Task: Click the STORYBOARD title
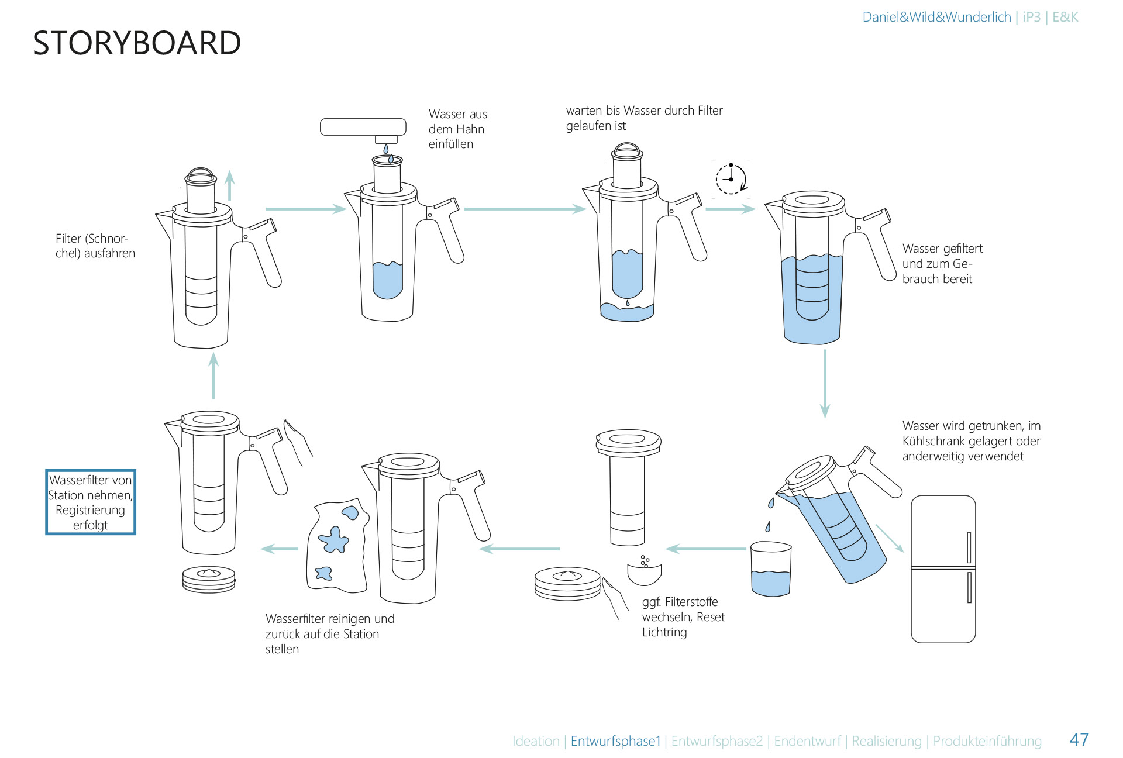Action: pos(137,43)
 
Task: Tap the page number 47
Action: pos(1079,739)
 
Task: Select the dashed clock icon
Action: pos(731,179)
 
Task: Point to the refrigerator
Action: pos(943,569)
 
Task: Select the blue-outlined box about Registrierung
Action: pos(91,502)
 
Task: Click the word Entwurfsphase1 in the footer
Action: pos(615,741)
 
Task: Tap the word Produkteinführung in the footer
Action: pos(987,741)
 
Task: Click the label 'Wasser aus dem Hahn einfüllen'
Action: pos(457,129)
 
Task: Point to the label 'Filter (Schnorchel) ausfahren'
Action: pos(95,246)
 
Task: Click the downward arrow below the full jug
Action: pos(825,383)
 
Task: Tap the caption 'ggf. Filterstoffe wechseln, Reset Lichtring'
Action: pos(683,617)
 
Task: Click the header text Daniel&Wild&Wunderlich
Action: pos(936,17)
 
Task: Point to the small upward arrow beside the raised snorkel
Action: pos(230,185)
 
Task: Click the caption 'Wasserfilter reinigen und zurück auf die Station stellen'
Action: pos(329,634)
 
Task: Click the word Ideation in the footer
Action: pos(536,741)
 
